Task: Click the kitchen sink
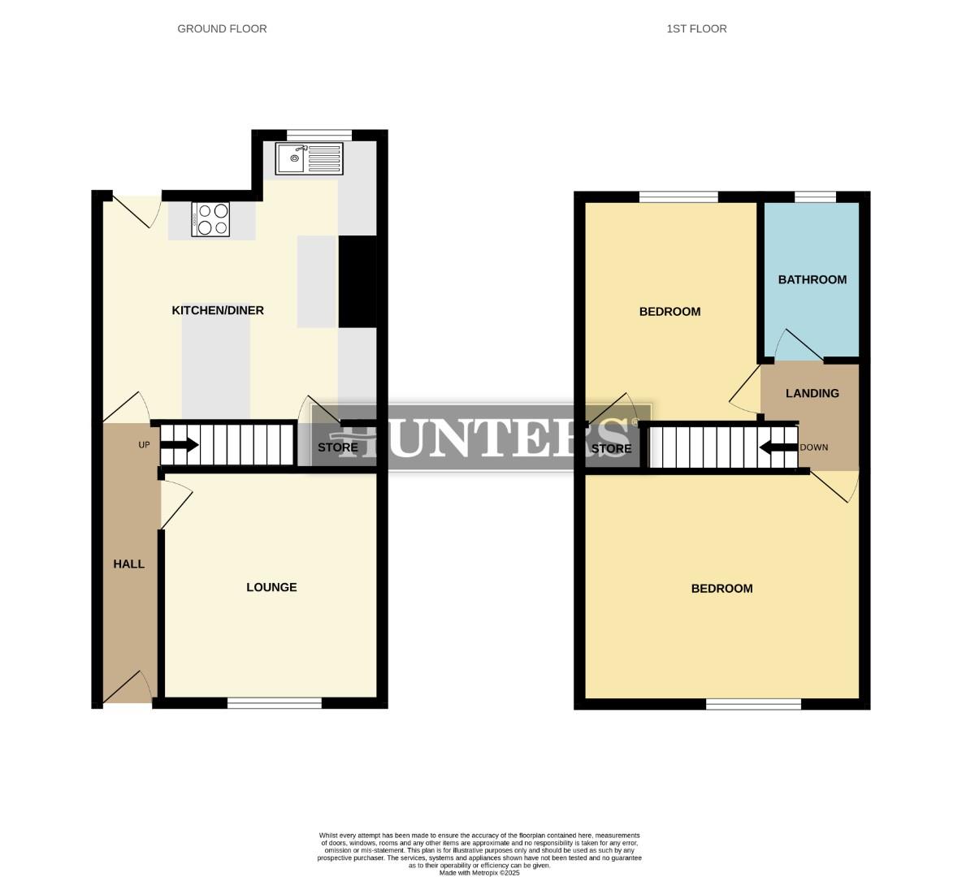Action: pos(310,158)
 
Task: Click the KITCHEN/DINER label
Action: pos(218,310)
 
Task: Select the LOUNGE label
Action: pos(271,587)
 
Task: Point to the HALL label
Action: pos(129,564)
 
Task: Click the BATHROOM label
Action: pos(812,279)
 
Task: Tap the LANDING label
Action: pos(812,393)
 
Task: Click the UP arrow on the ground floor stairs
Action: pos(180,445)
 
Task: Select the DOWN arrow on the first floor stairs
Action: pos(778,447)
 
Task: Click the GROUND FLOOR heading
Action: pos(222,28)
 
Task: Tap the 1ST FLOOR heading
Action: pos(696,28)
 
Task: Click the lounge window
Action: pos(275,703)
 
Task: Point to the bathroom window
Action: pos(815,196)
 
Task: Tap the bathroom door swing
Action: pos(800,345)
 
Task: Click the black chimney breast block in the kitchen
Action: pos(357,281)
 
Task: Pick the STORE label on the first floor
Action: pos(611,448)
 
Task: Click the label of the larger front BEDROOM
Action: pos(721,589)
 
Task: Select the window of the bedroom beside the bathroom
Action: pos(678,196)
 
